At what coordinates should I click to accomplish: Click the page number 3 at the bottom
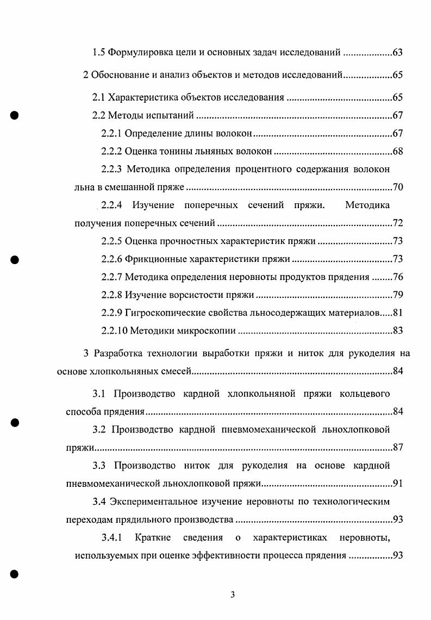232,594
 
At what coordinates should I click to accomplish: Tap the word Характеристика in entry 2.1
142,98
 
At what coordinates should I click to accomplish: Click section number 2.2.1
111,134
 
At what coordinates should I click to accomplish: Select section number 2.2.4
112,205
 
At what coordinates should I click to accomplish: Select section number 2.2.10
114,330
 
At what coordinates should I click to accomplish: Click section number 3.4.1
113,538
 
